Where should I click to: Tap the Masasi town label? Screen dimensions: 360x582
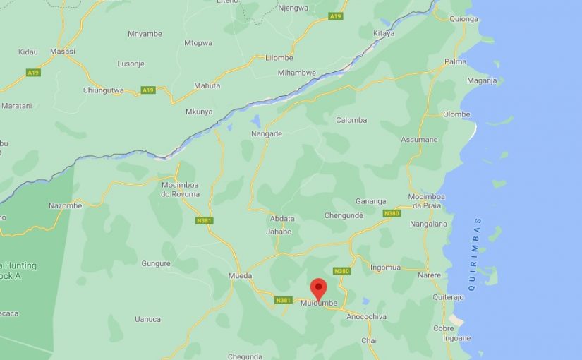point(63,52)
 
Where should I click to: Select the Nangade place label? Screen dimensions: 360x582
point(266,133)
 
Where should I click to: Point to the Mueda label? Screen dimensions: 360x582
point(240,275)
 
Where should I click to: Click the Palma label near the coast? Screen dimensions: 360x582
point(455,62)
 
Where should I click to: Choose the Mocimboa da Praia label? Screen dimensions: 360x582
point(425,200)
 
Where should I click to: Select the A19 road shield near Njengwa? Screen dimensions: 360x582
point(335,16)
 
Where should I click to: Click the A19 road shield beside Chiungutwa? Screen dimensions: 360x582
point(147,90)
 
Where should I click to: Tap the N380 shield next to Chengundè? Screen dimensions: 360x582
point(392,213)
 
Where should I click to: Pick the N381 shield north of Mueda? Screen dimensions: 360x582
point(205,221)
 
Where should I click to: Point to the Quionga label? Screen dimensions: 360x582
point(463,19)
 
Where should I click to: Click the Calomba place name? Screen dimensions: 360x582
point(351,120)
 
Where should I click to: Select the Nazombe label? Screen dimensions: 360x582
point(65,206)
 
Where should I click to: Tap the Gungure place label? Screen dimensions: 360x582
point(156,264)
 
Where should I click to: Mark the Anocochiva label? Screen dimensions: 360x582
point(367,317)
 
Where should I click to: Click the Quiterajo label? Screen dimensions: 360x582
point(448,297)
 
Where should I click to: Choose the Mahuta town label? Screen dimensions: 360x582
point(207,86)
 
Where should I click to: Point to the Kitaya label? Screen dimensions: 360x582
point(383,33)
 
